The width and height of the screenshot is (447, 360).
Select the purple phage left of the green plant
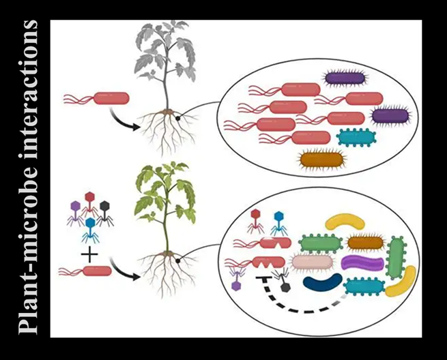click(x=76, y=207)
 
